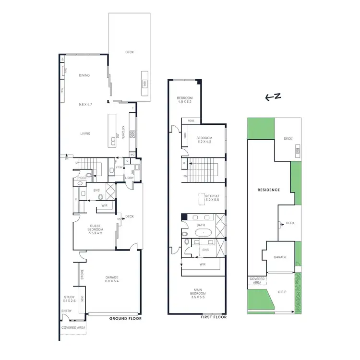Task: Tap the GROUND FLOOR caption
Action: [x=126, y=318]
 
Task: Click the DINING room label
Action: [x=84, y=75]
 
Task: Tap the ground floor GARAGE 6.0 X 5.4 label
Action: [x=112, y=280]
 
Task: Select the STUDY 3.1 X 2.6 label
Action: [x=70, y=299]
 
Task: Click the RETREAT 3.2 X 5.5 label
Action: [x=212, y=198]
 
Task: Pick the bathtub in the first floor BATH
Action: [x=205, y=232]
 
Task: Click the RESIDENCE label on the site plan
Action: [x=269, y=190]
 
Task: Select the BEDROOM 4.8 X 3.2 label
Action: [x=184, y=99]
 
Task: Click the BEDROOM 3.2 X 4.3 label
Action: [x=204, y=140]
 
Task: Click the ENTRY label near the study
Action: [x=66, y=312]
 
